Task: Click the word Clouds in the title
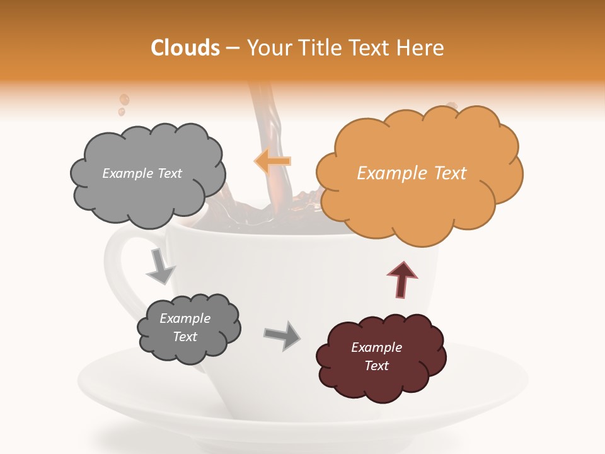(185, 48)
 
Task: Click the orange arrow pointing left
(272, 161)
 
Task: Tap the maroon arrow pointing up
(401, 279)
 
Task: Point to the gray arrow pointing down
(160, 267)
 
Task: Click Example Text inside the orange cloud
(412, 173)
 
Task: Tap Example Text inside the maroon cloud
(376, 356)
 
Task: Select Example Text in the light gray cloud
(142, 173)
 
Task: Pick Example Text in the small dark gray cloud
(185, 327)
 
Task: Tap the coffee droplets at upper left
(124, 102)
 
